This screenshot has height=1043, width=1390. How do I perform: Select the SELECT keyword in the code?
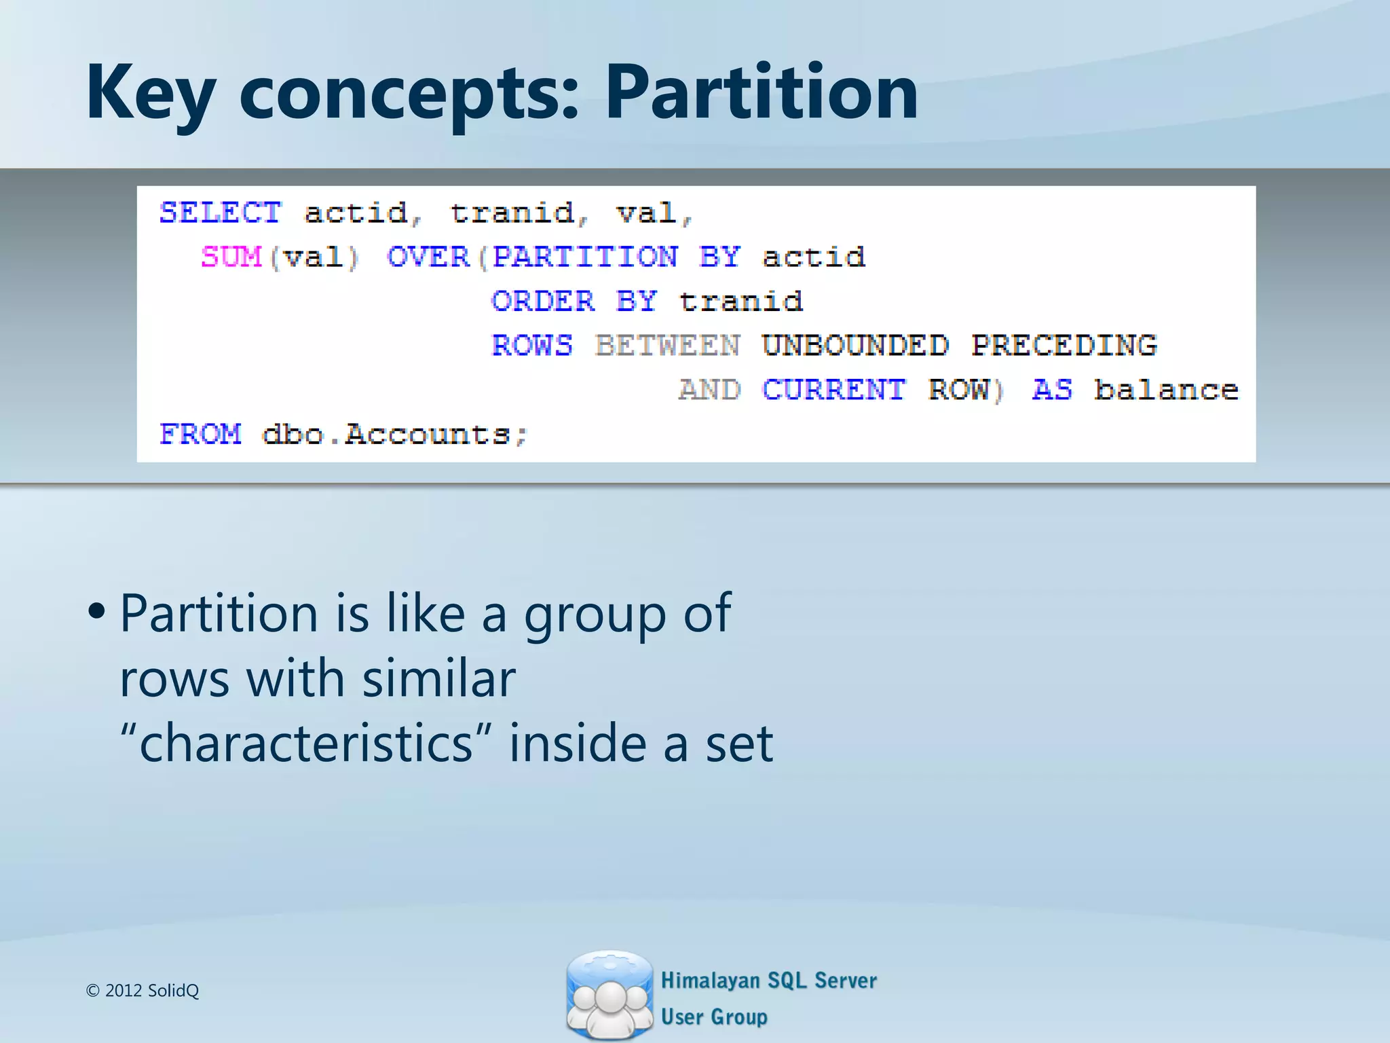coord(220,213)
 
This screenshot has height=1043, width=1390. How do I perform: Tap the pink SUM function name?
coord(231,257)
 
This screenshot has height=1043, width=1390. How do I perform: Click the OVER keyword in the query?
coord(428,257)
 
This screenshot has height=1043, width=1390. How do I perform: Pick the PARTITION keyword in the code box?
coord(584,257)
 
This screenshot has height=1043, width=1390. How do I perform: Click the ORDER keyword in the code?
coord(542,301)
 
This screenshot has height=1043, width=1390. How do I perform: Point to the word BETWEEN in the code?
coord(667,346)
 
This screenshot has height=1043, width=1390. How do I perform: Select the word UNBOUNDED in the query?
coord(854,346)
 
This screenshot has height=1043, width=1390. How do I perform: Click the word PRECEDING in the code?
coord(1064,346)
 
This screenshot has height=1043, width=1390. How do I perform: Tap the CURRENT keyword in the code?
coord(833,390)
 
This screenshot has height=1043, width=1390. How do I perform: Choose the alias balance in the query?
coord(1165,390)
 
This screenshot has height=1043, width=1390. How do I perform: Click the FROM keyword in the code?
coord(200,434)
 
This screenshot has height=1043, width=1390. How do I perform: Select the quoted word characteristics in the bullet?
coord(305,744)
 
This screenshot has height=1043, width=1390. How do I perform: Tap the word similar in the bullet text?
coord(438,678)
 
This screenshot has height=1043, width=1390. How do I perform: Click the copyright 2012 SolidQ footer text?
coord(143,991)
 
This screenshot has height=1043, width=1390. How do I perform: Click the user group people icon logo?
coord(609,995)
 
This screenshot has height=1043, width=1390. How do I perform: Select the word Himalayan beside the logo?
coord(710,981)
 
